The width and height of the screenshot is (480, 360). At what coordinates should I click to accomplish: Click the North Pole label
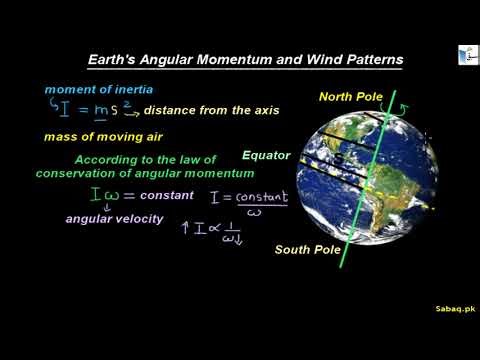[352, 97]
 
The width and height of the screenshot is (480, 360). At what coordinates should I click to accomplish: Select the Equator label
[266, 156]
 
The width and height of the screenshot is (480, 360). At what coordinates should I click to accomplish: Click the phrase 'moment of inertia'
[98, 89]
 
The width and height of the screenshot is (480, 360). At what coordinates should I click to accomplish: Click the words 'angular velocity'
[114, 218]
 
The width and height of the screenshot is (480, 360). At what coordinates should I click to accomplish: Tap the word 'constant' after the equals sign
[167, 195]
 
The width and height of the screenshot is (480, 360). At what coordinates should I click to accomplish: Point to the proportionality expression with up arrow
[215, 233]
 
